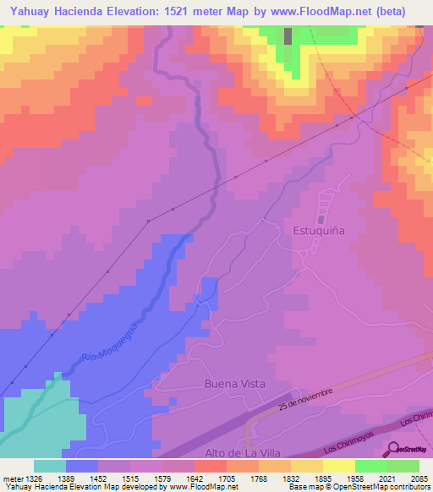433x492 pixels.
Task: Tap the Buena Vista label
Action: point(235,384)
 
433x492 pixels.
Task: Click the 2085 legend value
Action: point(419,478)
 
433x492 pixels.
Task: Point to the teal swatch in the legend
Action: point(50,466)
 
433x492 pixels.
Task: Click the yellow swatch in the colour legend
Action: point(339,466)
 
